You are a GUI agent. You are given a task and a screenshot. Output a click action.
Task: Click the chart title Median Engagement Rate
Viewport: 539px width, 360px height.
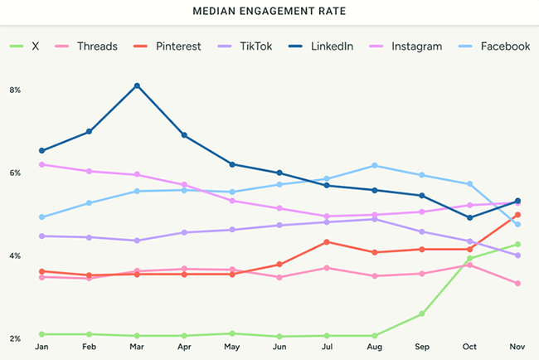tap(269, 13)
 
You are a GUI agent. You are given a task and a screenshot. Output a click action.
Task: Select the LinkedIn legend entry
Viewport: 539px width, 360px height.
tap(330, 46)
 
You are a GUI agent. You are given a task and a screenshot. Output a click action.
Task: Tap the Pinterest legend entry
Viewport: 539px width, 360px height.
tap(177, 46)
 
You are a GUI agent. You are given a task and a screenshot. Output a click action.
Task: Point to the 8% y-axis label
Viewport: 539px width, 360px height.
tap(15, 90)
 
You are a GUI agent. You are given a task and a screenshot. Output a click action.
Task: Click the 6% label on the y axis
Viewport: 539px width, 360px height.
tap(15, 173)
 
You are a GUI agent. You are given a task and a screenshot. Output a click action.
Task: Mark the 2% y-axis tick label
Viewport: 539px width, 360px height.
tap(15, 338)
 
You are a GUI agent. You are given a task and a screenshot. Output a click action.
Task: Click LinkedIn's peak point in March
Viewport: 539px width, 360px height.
tap(136, 85)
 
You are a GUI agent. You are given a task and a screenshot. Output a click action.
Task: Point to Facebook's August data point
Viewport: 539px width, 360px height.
tap(375, 165)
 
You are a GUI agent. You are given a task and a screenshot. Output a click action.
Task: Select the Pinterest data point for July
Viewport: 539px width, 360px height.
tap(328, 241)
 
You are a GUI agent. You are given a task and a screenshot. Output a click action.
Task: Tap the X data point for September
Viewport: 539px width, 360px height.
tap(422, 314)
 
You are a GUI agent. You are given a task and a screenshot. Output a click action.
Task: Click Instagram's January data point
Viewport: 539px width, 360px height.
tap(41, 164)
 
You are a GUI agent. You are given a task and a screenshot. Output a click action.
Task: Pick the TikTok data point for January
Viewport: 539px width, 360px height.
tap(41, 236)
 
